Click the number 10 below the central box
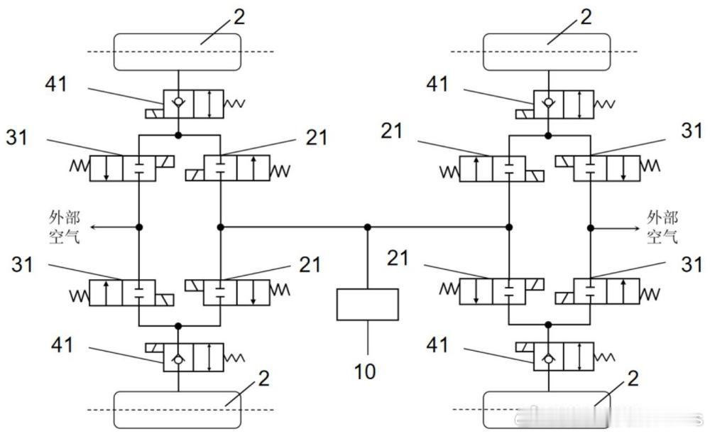365,371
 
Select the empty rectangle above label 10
368,305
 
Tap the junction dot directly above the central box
368,227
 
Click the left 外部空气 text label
65,227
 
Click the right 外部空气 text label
662,227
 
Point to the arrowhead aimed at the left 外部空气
92,227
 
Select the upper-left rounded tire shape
177,52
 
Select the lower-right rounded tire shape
547,410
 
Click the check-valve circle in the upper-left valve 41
178,102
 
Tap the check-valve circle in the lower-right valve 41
548,359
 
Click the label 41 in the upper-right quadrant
437,85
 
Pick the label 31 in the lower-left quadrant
22,264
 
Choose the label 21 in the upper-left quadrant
316,137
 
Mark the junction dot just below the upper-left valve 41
178,135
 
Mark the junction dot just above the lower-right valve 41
548,325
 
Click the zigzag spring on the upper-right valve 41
604,104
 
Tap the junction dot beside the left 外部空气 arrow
139,227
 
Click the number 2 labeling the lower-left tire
264,379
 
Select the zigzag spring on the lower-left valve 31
80,296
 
